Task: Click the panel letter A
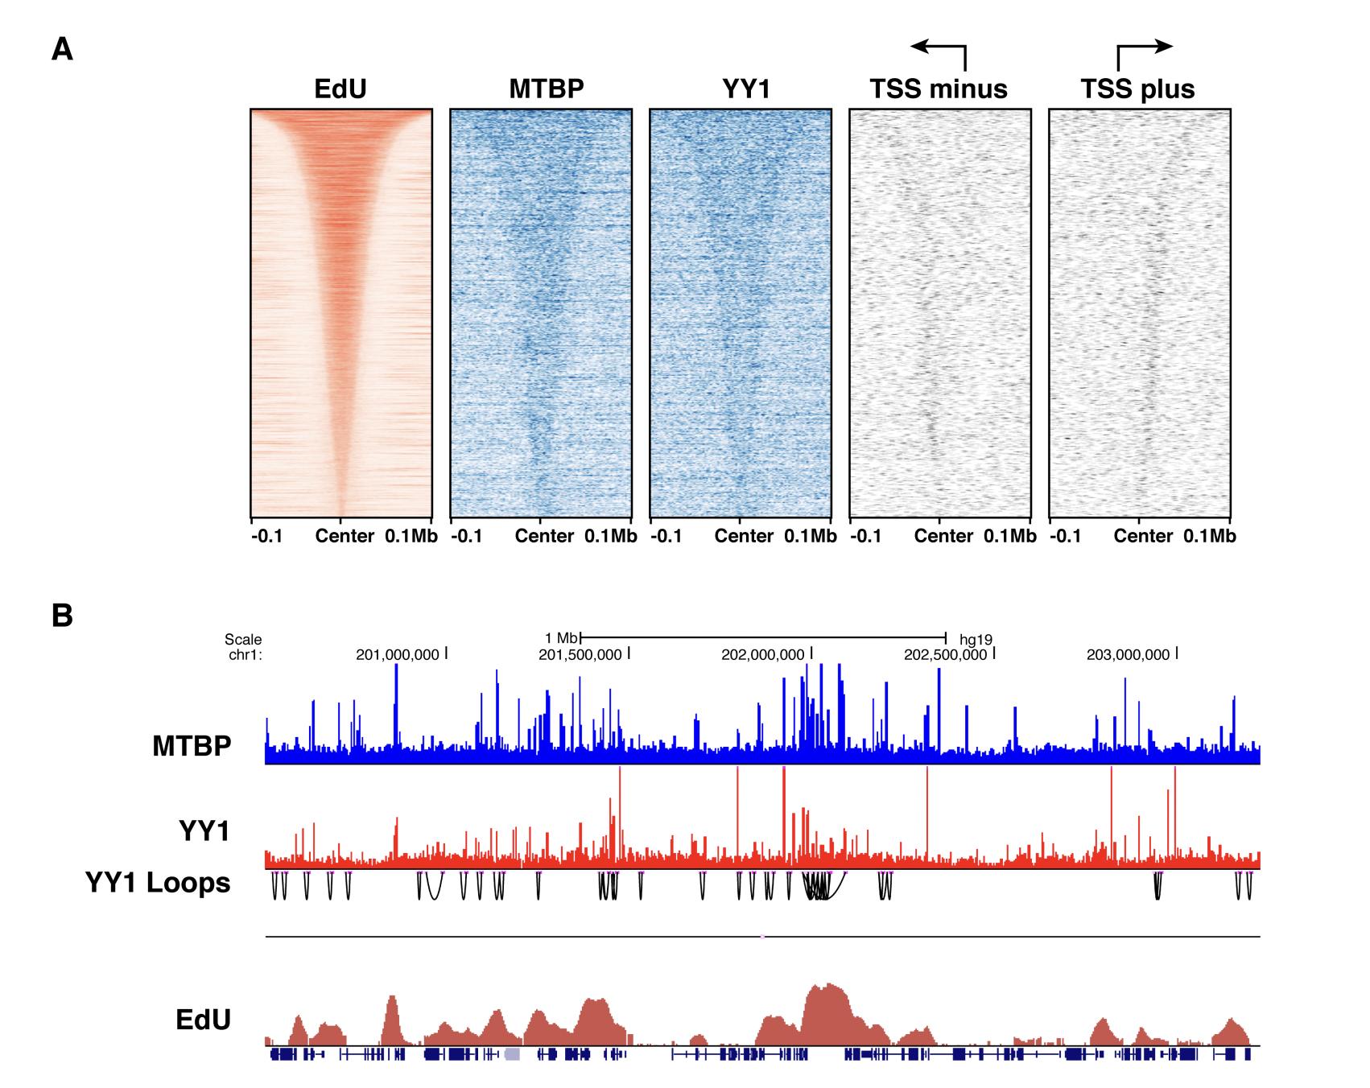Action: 62,50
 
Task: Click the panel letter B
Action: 62,616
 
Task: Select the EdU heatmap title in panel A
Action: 340,89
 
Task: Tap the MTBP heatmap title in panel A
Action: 547,89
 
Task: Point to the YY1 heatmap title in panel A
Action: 746,89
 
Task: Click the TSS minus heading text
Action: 939,89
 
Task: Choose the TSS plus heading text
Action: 1137,89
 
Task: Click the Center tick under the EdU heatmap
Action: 345,537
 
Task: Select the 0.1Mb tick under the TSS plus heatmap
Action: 1209,537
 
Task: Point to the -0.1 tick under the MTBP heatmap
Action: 467,537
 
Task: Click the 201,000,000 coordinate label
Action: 399,655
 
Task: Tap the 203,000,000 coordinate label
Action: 1129,655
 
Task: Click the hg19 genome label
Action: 976,641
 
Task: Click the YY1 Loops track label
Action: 158,883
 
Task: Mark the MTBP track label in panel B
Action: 192,746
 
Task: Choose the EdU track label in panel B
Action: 203,1020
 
